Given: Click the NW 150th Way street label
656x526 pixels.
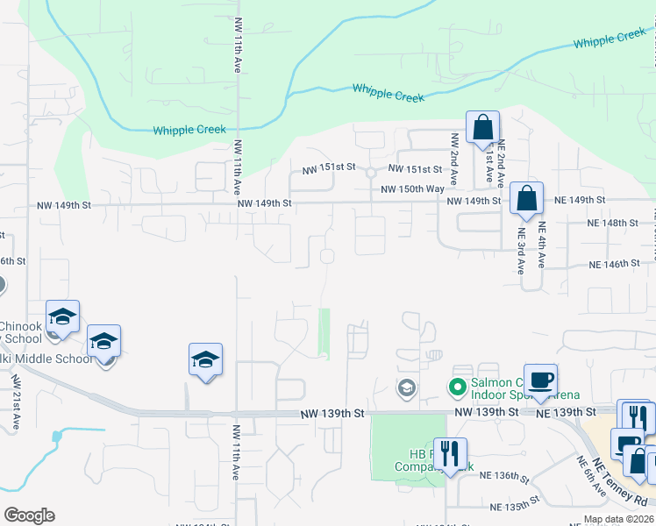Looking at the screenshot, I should point(412,188).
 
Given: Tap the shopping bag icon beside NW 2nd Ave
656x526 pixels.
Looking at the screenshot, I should point(482,128).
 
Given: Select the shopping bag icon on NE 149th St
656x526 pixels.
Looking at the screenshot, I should point(526,199).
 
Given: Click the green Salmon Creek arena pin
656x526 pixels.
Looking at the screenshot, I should point(456,387).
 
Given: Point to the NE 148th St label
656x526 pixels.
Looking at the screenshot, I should point(613,223).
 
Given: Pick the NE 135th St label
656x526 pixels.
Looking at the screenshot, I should point(514,507).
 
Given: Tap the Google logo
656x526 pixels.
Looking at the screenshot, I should point(29,515).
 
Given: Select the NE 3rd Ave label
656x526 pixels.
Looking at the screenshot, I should point(520,252).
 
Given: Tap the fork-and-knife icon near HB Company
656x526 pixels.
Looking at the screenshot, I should point(450,454).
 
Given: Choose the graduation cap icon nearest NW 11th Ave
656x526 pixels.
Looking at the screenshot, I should point(205,359).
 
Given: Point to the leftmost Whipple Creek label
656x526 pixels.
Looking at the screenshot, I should point(189,130).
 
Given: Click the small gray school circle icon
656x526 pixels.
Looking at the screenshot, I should point(406,387).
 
